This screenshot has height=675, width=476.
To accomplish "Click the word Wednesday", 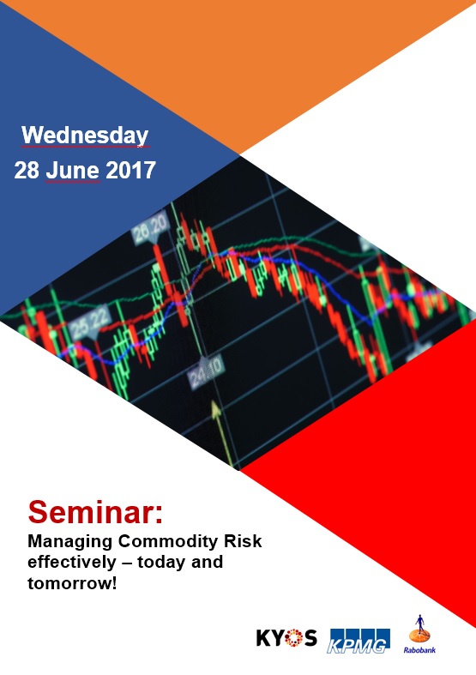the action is click(85, 136).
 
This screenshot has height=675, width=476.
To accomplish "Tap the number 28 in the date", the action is click(27, 170).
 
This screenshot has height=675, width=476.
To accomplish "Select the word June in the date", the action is click(73, 171).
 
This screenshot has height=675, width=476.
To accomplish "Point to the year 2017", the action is click(130, 170).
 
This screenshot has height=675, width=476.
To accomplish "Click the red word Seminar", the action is click(95, 511).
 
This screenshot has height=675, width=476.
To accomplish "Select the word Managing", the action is click(70, 542).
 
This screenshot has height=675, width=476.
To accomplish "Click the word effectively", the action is click(72, 562).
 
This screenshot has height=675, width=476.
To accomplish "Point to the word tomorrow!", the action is click(72, 583).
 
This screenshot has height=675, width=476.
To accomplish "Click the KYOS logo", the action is click(286, 638).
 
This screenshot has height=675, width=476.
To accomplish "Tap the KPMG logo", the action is click(360, 641).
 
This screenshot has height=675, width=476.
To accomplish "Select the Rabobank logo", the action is click(419, 634).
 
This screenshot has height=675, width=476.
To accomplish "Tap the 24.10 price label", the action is click(206, 372).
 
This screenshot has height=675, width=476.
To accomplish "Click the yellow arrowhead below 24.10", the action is click(216, 409).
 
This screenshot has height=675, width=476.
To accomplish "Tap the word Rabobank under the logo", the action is click(419, 650).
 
